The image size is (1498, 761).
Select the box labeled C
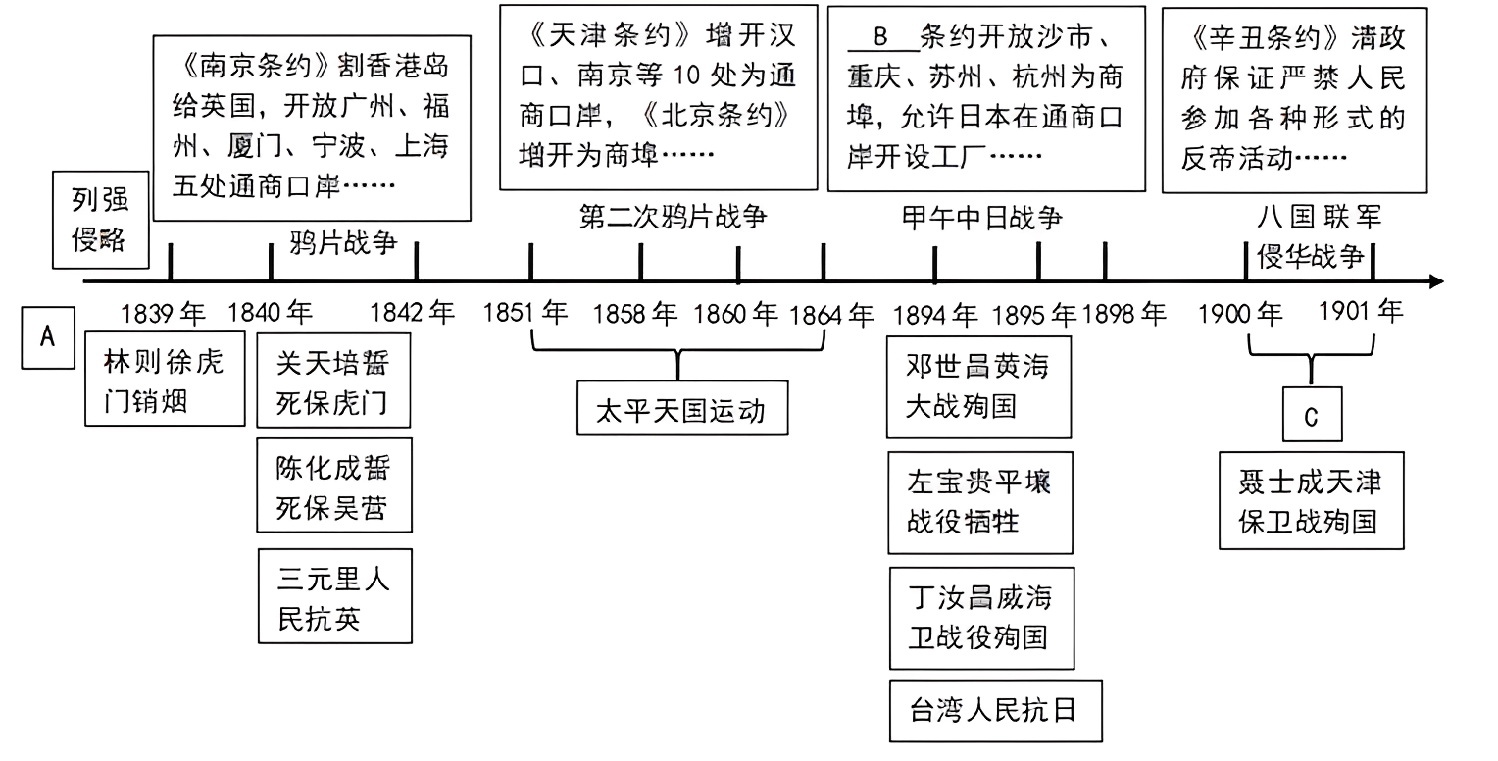pyautogui.click(x=1312, y=415)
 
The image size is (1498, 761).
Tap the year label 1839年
pyautogui.click(x=164, y=314)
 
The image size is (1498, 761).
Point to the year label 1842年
pyautogui.click(x=413, y=314)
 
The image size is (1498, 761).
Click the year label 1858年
pyautogui.click(x=635, y=314)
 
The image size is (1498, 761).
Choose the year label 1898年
pyautogui.click(x=1124, y=314)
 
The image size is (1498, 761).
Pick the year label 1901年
pyautogui.click(x=1361, y=312)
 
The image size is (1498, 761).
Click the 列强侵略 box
pyautogui.click(x=100, y=222)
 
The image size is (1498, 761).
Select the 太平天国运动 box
pyautogui.click(x=682, y=409)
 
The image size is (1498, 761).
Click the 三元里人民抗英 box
pyautogui.click(x=334, y=596)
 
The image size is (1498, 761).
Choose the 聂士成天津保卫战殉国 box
pyautogui.click(x=1311, y=500)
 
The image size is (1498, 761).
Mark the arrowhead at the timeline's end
pyautogui.click(x=1436, y=282)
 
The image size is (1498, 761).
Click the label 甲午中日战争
pyautogui.click(x=981, y=217)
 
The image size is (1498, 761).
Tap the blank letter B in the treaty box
pyautogui.click(x=879, y=38)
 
